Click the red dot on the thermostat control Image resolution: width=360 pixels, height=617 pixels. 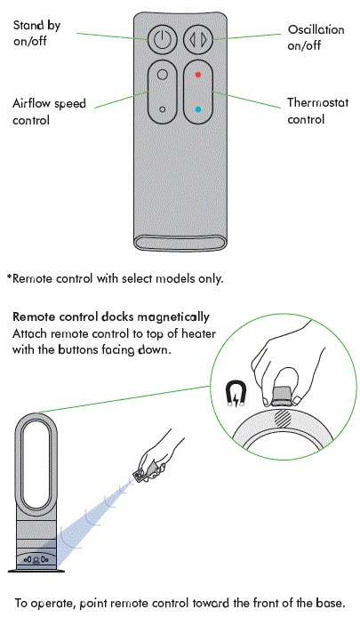(x=198, y=76)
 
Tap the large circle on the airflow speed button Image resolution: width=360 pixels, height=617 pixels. (x=162, y=76)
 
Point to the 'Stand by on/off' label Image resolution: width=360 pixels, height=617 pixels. (x=36, y=34)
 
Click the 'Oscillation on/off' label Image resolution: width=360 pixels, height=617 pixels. (x=316, y=37)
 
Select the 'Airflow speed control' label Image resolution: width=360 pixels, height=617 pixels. (x=49, y=112)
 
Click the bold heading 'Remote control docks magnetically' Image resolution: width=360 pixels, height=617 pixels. (x=111, y=317)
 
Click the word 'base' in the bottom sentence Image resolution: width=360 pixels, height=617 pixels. (x=325, y=601)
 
